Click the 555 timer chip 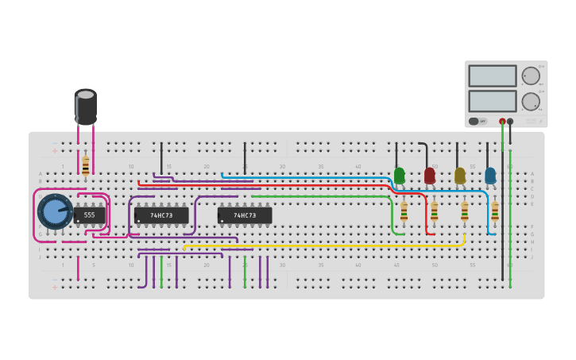(x=89, y=215)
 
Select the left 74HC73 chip (x=161, y=215)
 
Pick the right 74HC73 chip (x=245, y=215)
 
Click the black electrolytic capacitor (x=86, y=106)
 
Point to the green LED (x=399, y=174)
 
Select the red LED (x=430, y=175)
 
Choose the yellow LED (x=460, y=175)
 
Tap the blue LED (x=490, y=175)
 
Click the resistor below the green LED (x=404, y=211)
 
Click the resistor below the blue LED (x=495, y=211)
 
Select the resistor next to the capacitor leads (x=86, y=165)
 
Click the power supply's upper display (x=493, y=75)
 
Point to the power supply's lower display (x=493, y=101)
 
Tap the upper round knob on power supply (x=531, y=75)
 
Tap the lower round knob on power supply (x=531, y=101)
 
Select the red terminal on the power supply (x=502, y=122)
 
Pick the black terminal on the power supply (x=510, y=122)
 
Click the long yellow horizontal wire (x=318, y=246)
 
